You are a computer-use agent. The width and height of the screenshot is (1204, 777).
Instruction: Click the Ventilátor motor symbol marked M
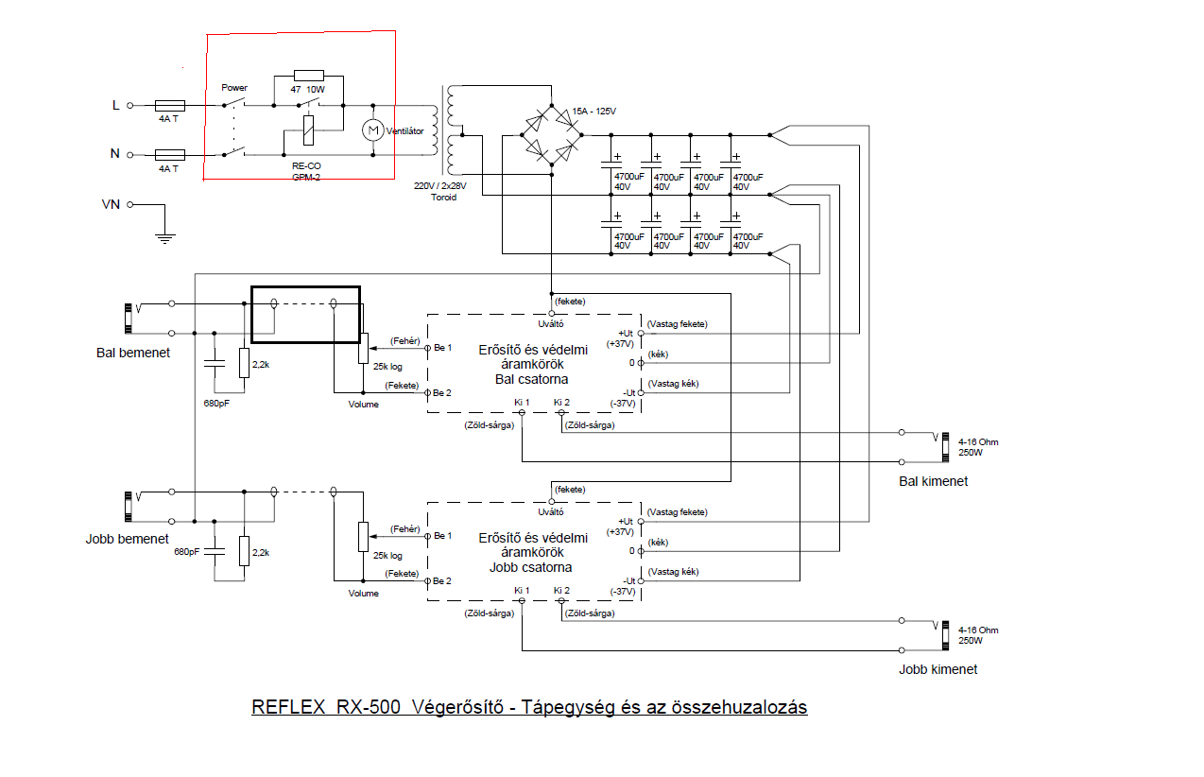tap(372, 129)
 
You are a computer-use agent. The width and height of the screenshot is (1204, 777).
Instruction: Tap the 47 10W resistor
tap(309, 76)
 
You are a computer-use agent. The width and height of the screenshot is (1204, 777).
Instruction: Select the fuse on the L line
tap(169, 106)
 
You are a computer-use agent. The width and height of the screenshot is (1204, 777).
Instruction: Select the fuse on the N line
tap(169, 153)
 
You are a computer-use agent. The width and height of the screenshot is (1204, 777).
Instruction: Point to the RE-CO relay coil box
tap(307, 129)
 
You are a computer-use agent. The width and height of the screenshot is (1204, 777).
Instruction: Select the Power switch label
tap(234, 88)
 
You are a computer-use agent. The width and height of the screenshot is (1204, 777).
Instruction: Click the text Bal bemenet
tap(132, 353)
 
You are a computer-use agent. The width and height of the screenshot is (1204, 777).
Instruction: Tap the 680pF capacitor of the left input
tap(215, 362)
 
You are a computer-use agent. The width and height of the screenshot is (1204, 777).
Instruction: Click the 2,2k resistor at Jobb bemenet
tap(244, 550)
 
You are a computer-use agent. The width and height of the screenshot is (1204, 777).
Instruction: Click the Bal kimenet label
tap(933, 481)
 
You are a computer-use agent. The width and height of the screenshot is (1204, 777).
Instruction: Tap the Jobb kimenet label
tap(937, 669)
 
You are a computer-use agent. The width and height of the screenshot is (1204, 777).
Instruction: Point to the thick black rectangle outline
tap(305, 287)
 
